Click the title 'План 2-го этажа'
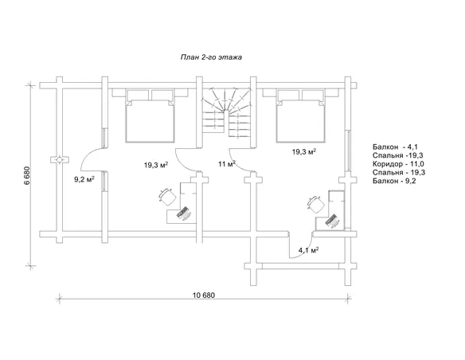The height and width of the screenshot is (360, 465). coord(211,57)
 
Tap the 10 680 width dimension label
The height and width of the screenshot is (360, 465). coord(204,295)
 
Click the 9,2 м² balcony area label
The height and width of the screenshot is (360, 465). coord(84,179)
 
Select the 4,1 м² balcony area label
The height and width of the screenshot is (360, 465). coord(308,249)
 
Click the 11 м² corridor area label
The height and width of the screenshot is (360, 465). coord(227,163)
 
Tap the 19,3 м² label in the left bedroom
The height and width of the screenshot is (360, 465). coord(156,165)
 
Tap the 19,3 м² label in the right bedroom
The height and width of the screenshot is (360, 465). coord(304,152)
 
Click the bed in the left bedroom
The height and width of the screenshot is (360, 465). coord(150,115)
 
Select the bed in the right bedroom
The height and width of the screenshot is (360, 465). coord(300,115)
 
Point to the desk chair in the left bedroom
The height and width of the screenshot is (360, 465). coord(167,197)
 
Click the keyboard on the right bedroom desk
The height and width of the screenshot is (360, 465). coord(331,220)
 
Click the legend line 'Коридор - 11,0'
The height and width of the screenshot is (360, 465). coord(398,164)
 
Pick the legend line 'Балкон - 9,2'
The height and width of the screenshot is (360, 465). coord(394,181)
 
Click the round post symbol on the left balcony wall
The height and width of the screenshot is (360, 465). coord(60,160)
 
